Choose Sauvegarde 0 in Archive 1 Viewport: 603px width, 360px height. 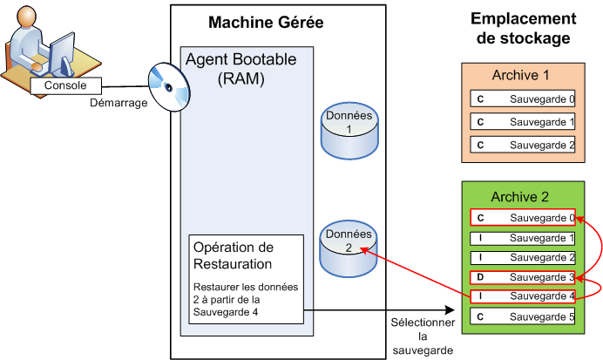[x=521, y=99]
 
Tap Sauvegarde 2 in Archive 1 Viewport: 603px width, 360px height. [x=521, y=145]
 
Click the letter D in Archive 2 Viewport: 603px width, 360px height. [x=480, y=277]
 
